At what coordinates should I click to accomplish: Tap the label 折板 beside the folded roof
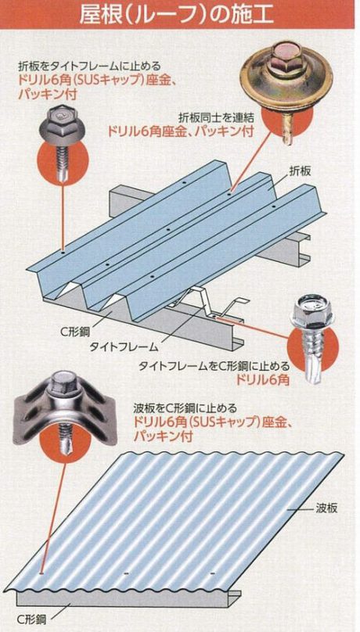(300, 171)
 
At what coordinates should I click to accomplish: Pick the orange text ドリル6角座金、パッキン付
(180, 131)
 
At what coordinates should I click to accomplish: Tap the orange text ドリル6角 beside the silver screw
(263, 379)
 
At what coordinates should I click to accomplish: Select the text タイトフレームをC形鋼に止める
(214, 366)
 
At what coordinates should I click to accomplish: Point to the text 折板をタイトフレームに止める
(89, 65)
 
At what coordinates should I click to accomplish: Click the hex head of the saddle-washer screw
(64, 384)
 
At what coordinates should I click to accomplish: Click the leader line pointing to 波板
(300, 510)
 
